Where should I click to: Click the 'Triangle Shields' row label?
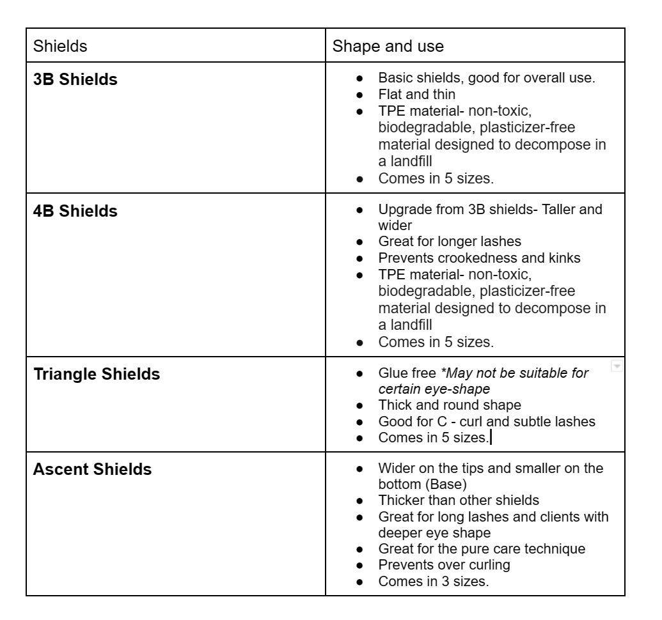click(x=97, y=374)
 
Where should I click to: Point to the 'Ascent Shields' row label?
click(x=92, y=470)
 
